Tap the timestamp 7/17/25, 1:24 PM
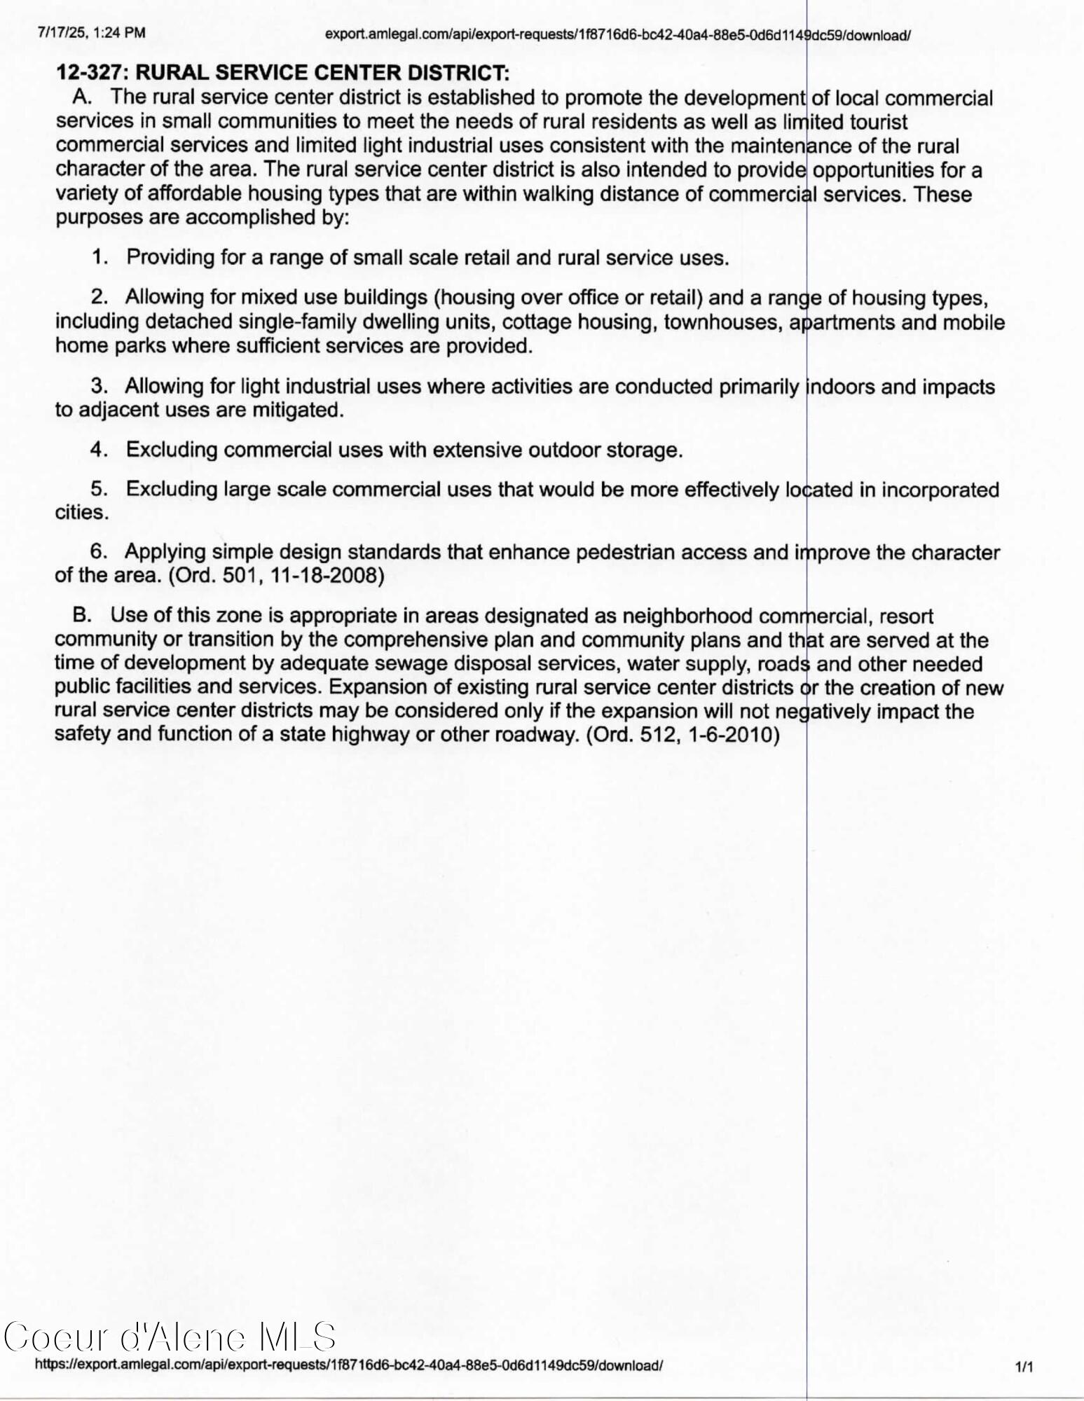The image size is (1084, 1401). click(92, 33)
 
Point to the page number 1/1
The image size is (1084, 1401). click(1024, 1367)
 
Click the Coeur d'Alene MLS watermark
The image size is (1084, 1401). click(170, 1337)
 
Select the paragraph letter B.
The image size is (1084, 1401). click(83, 616)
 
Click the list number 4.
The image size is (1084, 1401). click(98, 450)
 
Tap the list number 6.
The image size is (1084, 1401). click(98, 552)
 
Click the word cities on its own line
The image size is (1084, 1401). click(81, 513)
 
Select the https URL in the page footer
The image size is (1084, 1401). click(348, 1365)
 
